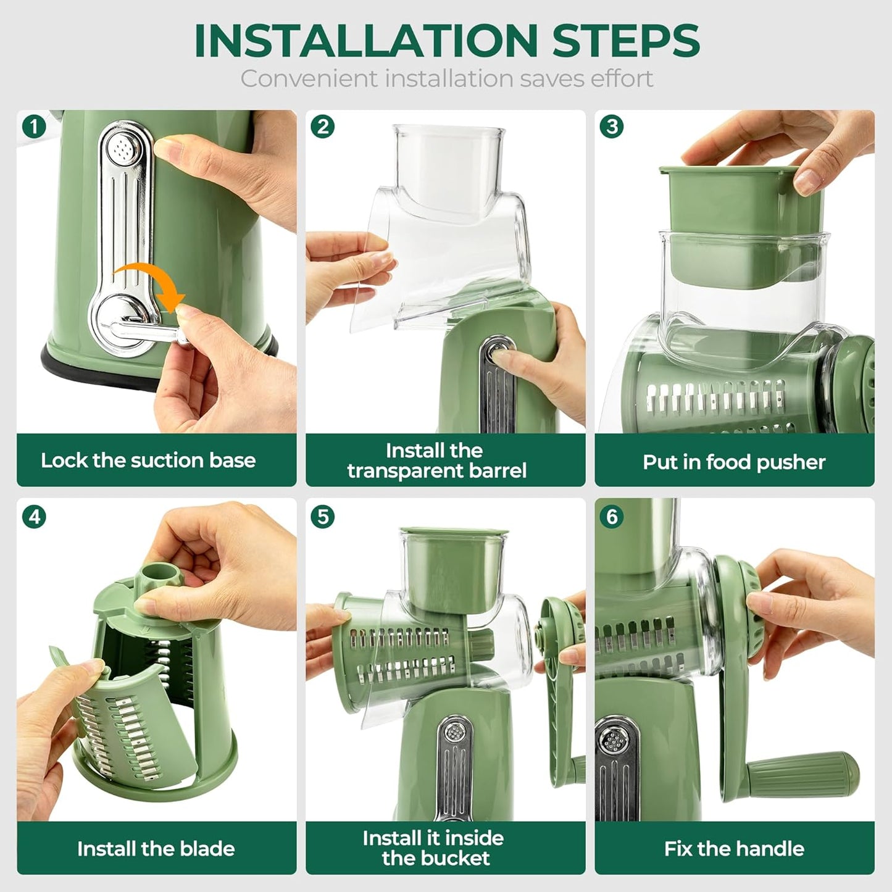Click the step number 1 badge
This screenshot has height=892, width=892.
click(x=34, y=127)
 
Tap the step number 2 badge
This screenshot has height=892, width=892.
click(x=323, y=127)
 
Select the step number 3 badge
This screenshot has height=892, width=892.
click(x=612, y=127)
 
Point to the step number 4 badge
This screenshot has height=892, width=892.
click(x=34, y=516)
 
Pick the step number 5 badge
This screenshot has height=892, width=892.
click(x=323, y=516)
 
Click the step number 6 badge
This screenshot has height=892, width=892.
click(x=612, y=516)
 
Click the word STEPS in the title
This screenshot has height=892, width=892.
click(x=625, y=41)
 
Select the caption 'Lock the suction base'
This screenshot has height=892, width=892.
click(x=148, y=461)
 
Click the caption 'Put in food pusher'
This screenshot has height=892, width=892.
click(x=734, y=462)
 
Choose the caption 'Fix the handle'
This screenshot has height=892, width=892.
click(x=734, y=849)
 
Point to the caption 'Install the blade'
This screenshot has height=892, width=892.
click(x=156, y=849)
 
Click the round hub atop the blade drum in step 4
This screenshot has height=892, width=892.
click(x=160, y=575)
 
